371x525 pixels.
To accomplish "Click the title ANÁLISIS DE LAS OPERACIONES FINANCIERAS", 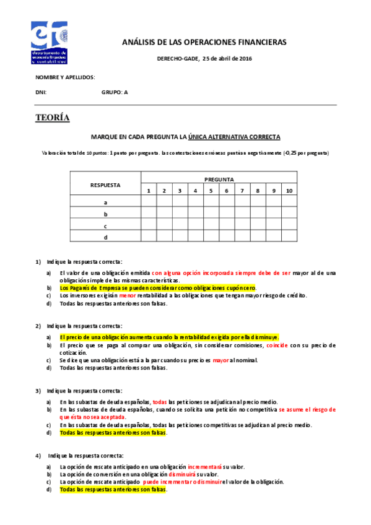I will (204, 42).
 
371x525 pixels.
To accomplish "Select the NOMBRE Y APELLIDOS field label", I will (65, 77).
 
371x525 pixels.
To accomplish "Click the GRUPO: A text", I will (115, 92).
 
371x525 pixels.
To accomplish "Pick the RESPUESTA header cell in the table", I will (105, 184).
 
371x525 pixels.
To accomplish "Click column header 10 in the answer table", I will (289, 190).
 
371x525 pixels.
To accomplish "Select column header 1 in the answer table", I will (149, 190).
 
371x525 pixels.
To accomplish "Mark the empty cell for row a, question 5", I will (211, 202).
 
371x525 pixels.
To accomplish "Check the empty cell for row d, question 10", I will (289, 236).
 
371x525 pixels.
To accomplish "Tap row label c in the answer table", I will (105, 225).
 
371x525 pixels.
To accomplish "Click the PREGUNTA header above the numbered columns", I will (219, 179).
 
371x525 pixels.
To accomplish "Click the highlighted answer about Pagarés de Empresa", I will (157, 288).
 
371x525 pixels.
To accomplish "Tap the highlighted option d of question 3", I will (113, 433).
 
